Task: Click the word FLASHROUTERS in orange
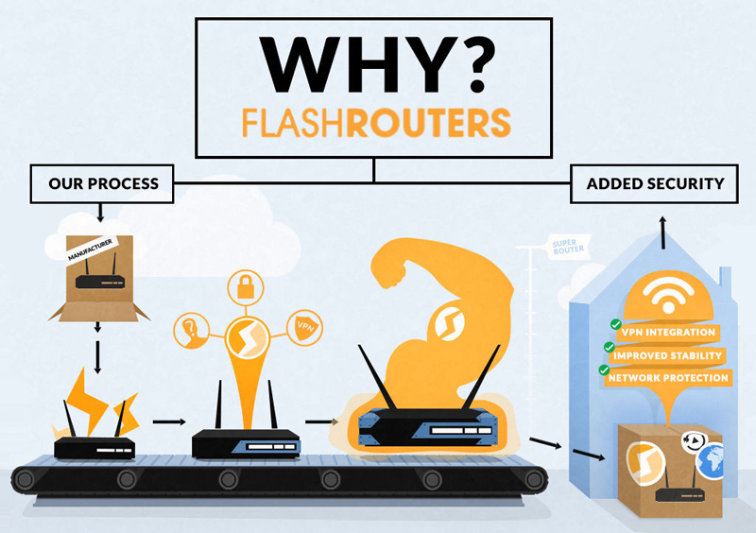(x=376, y=123)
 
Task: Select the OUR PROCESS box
(x=102, y=183)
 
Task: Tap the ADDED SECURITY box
(x=654, y=183)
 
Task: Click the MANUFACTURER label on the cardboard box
(x=90, y=249)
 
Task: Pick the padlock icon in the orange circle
(x=246, y=287)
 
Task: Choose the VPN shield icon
(x=304, y=328)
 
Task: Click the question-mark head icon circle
(x=191, y=331)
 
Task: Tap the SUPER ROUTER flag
(x=568, y=247)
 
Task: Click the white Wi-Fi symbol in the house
(x=668, y=295)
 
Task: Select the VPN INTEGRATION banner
(x=668, y=333)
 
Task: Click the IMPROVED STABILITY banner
(x=667, y=356)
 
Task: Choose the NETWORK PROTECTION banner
(x=668, y=378)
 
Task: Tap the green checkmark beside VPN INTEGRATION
(x=616, y=324)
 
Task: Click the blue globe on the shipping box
(x=711, y=462)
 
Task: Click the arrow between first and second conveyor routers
(x=169, y=421)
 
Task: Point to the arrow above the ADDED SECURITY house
(x=663, y=232)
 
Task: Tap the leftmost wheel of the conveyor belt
(x=25, y=479)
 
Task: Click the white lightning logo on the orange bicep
(x=449, y=323)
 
